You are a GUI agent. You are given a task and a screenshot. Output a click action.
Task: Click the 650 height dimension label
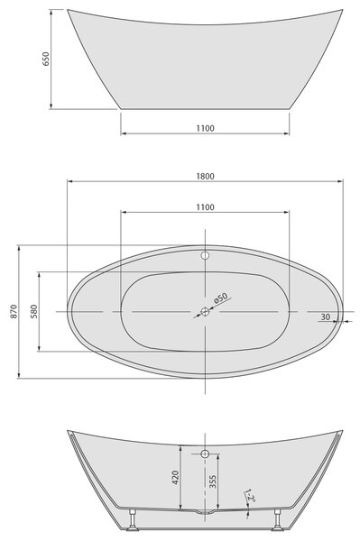45,59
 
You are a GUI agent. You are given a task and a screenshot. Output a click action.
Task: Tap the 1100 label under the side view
206,128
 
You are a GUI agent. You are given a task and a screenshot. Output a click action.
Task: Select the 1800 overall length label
206,177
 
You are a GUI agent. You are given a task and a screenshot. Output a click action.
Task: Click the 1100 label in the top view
206,207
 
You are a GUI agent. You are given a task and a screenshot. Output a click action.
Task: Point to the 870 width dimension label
14,311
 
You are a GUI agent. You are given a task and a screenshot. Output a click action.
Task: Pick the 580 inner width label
33,311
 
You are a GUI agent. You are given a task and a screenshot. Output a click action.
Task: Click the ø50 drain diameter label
221,298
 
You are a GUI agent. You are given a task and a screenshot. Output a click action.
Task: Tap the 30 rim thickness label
326,316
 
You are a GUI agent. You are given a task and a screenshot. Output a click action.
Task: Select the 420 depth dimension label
175,478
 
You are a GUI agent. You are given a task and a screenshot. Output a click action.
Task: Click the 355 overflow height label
213,481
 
